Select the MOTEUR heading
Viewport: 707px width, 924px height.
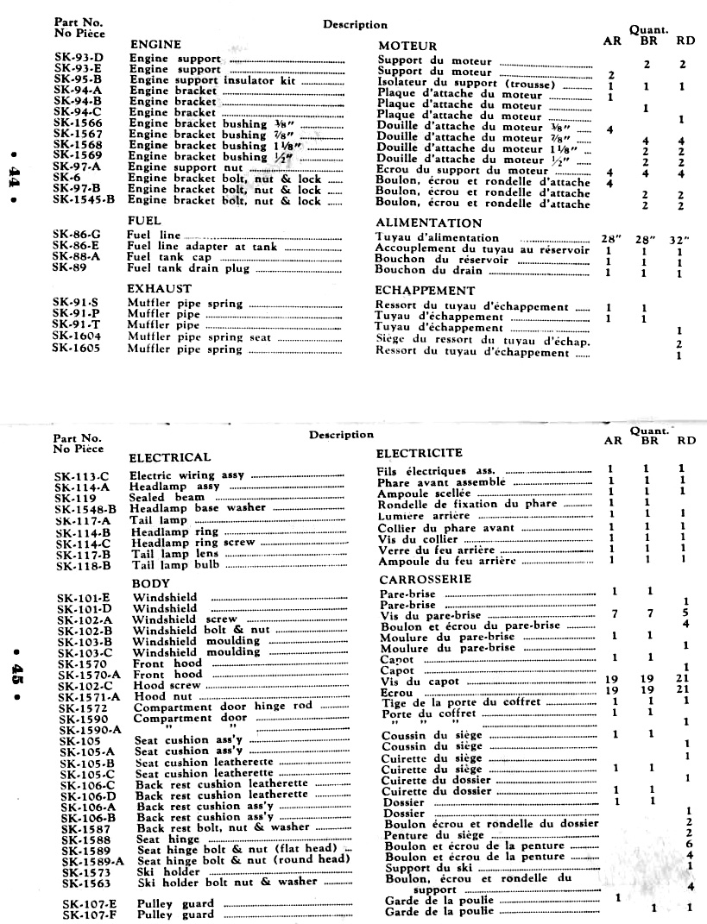[408, 45]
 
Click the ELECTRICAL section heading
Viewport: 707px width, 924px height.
[169, 456]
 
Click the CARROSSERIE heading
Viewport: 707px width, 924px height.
[424, 579]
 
